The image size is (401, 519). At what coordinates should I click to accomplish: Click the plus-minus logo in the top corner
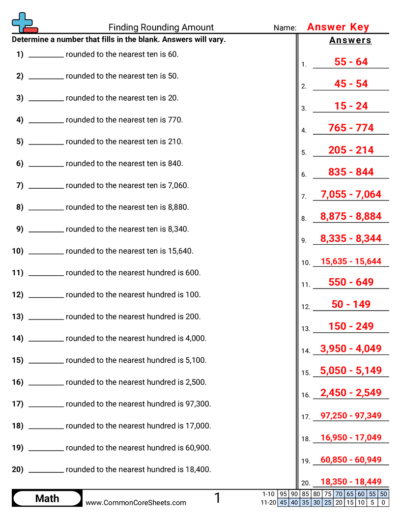[x=24, y=23]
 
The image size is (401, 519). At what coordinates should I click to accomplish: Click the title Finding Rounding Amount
[x=161, y=28]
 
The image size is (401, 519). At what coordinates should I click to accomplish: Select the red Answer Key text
[x=338, y=27]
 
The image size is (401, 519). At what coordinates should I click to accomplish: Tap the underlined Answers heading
[x=350, y=41]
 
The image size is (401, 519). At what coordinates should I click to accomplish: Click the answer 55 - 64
[x=351, y=62]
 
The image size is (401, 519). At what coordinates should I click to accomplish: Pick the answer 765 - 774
[x=351, y=128]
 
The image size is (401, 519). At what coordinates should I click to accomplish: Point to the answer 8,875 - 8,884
[x=351, y=216]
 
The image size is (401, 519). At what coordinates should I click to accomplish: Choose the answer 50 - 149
[x=351, y=304]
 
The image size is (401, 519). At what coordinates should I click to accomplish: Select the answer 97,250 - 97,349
[x=351, y=416]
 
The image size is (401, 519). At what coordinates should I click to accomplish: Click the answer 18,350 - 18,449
[x=351, y=482]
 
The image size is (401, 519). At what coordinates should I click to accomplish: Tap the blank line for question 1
[x=46, y=57]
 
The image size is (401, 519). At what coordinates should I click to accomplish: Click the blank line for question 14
[x=46, y=341]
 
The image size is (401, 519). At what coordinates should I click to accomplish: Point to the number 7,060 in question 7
[x=178, y=185]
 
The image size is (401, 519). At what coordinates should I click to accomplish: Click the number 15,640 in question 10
[x=180, y=251]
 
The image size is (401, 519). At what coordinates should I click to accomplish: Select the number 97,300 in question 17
[x=198, y=404]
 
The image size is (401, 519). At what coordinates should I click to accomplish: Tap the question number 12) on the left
[x=18, y=295]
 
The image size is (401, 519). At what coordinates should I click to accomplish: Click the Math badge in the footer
[x=47, y=498]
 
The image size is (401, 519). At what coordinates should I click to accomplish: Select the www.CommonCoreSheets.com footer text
[x=136, y=502]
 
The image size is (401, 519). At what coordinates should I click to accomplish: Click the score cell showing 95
[x=283, y=494]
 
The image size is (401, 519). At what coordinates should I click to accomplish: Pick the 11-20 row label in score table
[x=269, y=502]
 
